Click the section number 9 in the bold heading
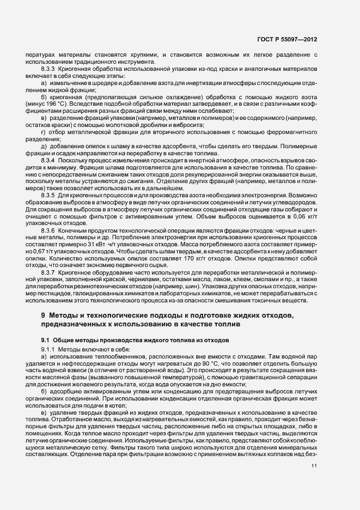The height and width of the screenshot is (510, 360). click(43, 317)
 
